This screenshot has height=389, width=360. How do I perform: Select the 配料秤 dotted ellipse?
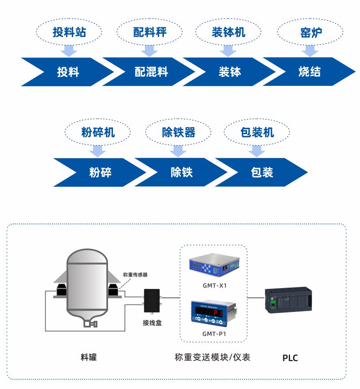pos(150,32)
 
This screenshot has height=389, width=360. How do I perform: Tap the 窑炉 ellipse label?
pos(310,32)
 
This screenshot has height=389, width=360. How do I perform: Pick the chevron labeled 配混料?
pos(151,72)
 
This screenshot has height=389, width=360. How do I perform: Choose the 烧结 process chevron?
pos(310,72)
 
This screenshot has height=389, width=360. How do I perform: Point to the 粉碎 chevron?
pos(100,172)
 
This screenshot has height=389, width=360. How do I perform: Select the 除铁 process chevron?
pos(182,172)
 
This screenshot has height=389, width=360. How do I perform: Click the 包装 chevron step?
pos(262,172)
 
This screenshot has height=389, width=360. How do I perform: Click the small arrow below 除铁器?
pos(178,151)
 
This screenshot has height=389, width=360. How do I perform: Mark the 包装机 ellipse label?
pos(257,132)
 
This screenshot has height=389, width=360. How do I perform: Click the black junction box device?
pos(152,301)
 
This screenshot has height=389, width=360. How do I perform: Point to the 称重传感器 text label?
pos(135,275)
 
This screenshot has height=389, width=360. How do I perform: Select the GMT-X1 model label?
pos(214,286)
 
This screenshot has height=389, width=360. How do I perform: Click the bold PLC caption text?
pos(290,358)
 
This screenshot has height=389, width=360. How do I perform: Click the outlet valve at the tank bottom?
pos(90,324)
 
